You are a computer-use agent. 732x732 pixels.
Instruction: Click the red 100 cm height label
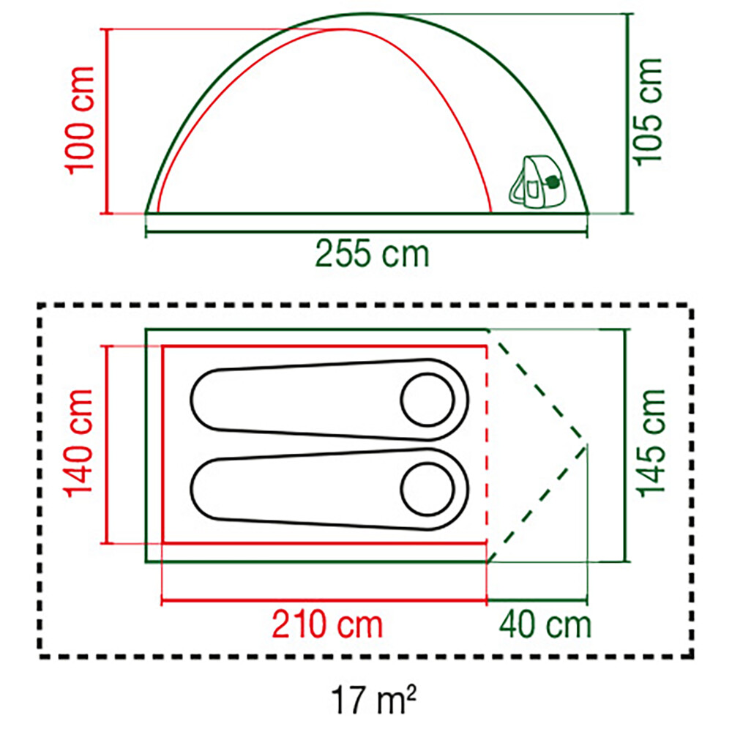click(81, 121)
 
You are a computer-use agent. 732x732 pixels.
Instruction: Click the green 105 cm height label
click(648, 112)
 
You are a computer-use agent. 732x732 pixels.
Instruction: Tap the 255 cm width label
click(372, 253)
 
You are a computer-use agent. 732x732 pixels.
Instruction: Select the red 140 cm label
click(78, 444)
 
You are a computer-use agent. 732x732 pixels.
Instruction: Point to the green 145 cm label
click(650, 444)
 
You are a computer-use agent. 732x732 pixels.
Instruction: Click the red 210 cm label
click(327, 624)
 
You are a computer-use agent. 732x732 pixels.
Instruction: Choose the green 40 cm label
click(545, 624)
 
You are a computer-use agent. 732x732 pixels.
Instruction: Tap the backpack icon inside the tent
click(537, 182)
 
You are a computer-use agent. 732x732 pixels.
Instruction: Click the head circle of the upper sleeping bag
click(427, 400)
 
